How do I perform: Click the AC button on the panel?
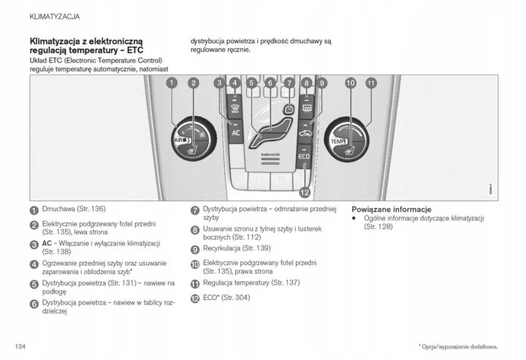[x=235, y=133]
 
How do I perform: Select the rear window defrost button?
[x=306, y=110]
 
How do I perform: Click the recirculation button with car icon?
[x=306, y=133]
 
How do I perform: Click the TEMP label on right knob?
[x=337, y=141]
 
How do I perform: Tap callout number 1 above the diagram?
[x=171, y=83]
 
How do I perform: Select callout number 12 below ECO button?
[x=305, y=191]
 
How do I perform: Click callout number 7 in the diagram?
[x=289, y=83]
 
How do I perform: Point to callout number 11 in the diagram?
[x=370, y=83]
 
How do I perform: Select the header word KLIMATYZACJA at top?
[x=55, y=15]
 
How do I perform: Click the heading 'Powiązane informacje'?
[x=391, y=209]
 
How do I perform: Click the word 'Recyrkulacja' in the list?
[x=227, y=248]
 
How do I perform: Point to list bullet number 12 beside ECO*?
[x=195, y=299]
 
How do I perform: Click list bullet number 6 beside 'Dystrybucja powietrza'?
[x=34, y=303]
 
